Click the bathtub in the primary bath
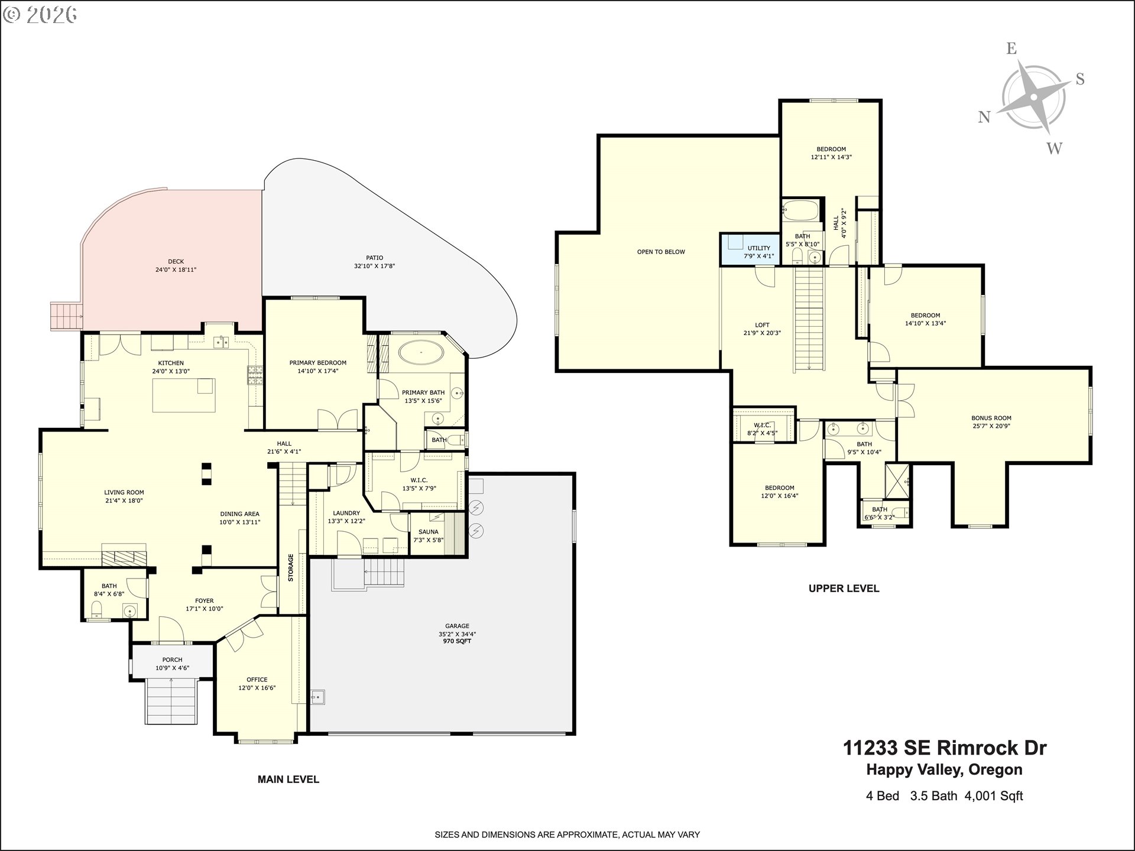(x=421, y=353)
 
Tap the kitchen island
(x=184, y=395)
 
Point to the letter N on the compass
(x=984, y=117)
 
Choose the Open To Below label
(x=661, y=252)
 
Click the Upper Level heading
(x=844, y=589)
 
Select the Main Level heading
(x=288, y=779)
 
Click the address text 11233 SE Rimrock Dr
(x=944, y=748)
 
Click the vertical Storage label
(x=290, y=567)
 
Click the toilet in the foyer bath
(x=96, y=609)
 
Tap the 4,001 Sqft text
(x=994, y=796)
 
